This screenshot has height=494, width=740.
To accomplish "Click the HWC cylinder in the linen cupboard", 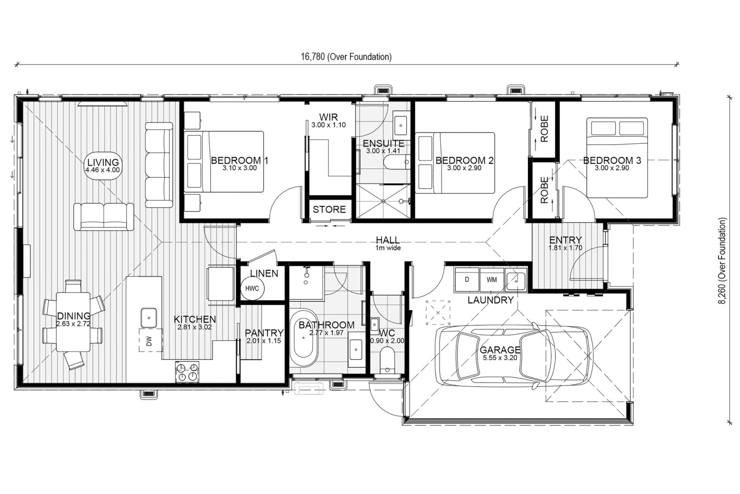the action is click(252, 289).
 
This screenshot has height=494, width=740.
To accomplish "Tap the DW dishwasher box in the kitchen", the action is click(151, 340).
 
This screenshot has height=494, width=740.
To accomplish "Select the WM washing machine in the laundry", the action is click(491, 280).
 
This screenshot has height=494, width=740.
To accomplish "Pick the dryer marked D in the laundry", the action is click(467, 280).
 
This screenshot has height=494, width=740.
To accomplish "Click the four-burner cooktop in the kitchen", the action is click(187, 372).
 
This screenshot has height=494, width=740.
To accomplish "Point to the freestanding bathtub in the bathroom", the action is click(304, 338).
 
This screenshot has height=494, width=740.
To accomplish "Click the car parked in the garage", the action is click(514, 356).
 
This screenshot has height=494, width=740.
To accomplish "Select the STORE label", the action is click(329, 209).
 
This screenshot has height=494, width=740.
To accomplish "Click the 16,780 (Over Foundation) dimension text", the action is click(346, 57).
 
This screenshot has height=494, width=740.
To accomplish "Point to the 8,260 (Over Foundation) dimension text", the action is click(723, 261).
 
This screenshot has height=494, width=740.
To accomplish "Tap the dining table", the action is click(74, 322).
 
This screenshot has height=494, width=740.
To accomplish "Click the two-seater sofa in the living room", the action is click(104, 217).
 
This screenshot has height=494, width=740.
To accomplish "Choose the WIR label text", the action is click(328, 117).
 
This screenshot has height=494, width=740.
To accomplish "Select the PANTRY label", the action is click(264, 332).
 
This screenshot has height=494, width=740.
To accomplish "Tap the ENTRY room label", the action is click(565, 240).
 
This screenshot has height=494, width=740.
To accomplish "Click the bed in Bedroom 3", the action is click(617, 158).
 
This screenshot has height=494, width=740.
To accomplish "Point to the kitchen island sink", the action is click(149, 317).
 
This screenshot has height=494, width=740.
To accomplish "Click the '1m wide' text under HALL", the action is click(388, 248).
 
